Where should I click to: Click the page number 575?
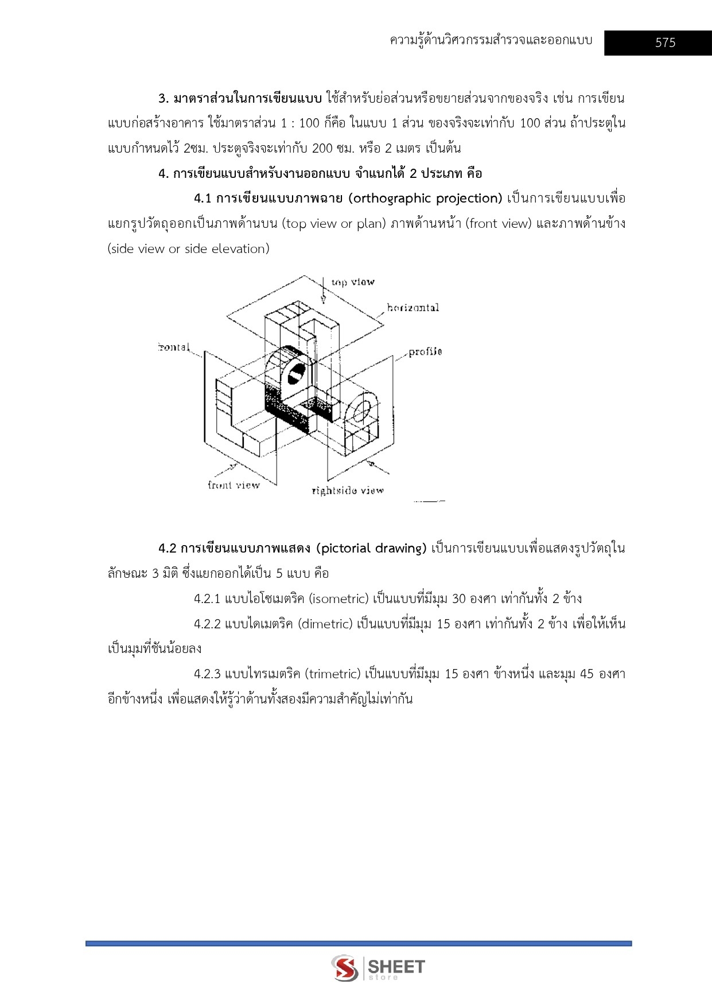coord(665,42)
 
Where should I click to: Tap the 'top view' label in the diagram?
coord(353,282)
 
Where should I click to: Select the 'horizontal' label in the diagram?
coord(413,308)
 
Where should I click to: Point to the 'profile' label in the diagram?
coord(425,352)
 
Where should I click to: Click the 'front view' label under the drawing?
coord(234,485)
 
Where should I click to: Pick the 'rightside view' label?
coord(348,491)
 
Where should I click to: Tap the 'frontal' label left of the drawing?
coord(174,347)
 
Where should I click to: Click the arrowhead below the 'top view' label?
coord(323,298)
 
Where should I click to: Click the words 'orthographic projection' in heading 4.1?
coord(427,199)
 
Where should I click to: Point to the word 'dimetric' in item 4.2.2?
coord(325,624)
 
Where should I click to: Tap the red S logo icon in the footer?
coord(345,968)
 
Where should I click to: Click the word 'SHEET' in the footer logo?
coord(396,966)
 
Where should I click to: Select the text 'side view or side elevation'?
coord(188,249)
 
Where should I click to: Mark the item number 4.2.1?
coord(207,599)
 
